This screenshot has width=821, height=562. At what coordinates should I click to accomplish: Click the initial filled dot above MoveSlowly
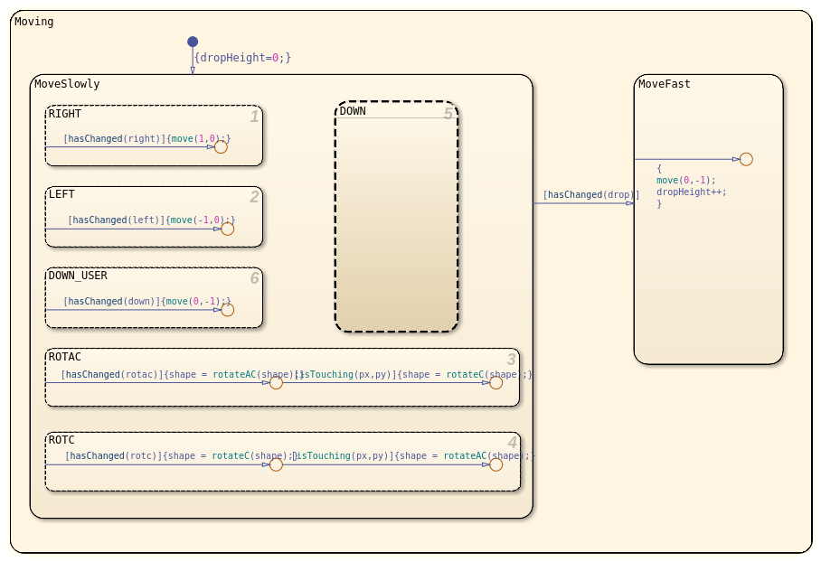[x=193, y=42]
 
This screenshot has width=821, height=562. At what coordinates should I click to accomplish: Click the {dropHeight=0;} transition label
[x=242, y=58]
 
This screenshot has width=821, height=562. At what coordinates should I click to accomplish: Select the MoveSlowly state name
[x=67, y=84]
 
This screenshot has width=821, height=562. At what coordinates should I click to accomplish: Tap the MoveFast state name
[x=664, y=84]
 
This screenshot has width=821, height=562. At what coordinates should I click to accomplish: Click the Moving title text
[x=34, y=22]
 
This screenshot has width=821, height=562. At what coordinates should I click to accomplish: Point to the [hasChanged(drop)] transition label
[x=590, y=194]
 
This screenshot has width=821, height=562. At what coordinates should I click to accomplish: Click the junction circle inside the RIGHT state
[x=221, y=146]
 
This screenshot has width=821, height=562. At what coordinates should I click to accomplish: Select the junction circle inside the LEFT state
[x=227, y=229]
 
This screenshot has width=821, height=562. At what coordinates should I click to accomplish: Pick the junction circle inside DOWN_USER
[x=227, y=310]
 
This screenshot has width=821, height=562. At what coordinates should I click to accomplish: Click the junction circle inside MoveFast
[x=746, y=159]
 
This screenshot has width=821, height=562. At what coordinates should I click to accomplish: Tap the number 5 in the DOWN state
[x=448, y=114]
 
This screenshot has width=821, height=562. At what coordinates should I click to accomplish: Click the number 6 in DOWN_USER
[x=254, y=278]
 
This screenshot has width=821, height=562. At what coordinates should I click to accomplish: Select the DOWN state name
[x=353, y=111]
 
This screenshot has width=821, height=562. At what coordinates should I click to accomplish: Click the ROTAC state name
[x=65, y=357]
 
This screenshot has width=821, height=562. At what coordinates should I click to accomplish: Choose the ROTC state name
[x=61, y=440]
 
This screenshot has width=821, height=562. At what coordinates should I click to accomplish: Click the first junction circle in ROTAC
[x=276, y=382]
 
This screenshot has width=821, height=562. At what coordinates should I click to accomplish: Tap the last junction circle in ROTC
[x=495, y=464]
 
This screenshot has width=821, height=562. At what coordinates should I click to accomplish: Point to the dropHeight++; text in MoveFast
[x=691, y=192]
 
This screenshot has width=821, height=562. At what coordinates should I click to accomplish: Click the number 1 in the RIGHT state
[x=254, y=117]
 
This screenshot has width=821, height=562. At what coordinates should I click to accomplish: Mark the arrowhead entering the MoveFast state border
[x=630, y=203]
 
